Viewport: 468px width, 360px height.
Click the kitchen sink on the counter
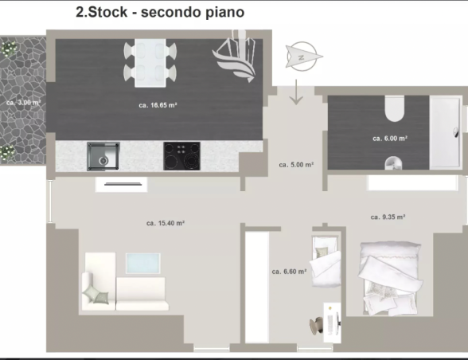(x=103, y=156)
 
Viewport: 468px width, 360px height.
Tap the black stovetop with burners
(x=181, y=156)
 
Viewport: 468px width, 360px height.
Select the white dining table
(x=150, y=63)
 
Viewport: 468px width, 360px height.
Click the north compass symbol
(x=303, y=57)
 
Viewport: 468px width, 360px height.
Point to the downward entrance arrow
(x=296, y=92)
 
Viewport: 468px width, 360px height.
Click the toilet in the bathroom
(x=394, y=109)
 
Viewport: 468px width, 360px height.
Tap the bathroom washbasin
(x=393, y=163)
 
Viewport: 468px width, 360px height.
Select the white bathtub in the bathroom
(x=446, y=132)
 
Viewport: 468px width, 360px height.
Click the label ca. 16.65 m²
(x=158, y=105)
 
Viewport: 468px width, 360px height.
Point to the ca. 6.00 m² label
(x=390, y=139)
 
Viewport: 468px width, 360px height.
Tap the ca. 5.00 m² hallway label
(x=296, y=165)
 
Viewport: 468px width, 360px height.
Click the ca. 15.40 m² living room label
(x=166, y=223)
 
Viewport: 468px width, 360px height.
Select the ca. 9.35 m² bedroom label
(x=388, y=217)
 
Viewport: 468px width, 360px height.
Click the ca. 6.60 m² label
(x=289, y=272)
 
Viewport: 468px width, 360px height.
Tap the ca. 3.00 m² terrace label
(x=23, y=103)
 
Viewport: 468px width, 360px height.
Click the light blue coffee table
(x=143, y=263)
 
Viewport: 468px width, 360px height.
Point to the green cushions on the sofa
(x=96, y=295)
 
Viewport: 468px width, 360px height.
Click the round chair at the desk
(x=316, y=325)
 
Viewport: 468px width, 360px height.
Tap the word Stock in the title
(x=108, y=12)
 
